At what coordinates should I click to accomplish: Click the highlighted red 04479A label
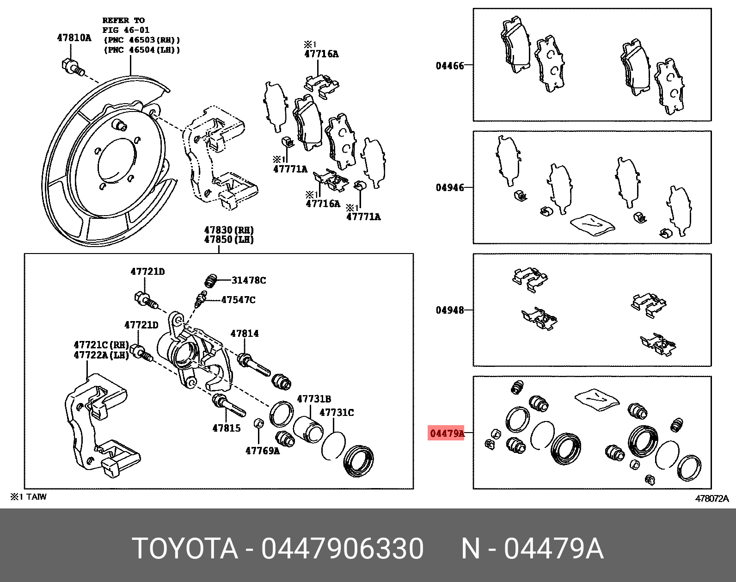(x=447, y=433)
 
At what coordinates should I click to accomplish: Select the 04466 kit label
(x=449, y=66)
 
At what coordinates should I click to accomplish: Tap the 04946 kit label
(x=449, y=188)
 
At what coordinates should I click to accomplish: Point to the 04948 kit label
(x=449, y=310)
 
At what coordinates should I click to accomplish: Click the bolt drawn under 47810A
(x=72, y=67)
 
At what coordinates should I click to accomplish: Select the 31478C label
(x=249, y=280)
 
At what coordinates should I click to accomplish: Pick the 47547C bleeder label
(x=238, y=300)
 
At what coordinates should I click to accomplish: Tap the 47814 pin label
(x=245, y=334)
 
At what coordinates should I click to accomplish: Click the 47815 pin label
(x=227, y=428)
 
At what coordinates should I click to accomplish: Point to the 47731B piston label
(x=314, y=399)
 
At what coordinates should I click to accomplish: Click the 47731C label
(x=337, y=412)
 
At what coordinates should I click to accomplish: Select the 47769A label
(x=263, y=451)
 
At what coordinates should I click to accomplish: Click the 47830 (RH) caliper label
(x=229, y=230)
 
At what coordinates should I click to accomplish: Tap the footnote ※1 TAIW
(x=29, y=497)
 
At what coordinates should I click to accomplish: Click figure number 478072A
(x=712, y=498)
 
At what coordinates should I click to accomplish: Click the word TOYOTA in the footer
(x=185, y=549)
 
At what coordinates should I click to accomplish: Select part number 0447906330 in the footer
(x=342, y=549)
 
